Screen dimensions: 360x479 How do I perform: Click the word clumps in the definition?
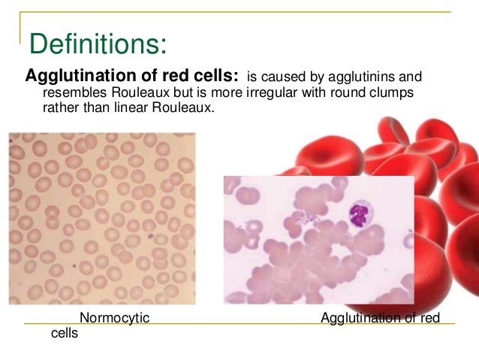(395, 92)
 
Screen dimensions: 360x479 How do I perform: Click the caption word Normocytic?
(114, 319)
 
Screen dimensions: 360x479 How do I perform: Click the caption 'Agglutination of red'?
(380, 319)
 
